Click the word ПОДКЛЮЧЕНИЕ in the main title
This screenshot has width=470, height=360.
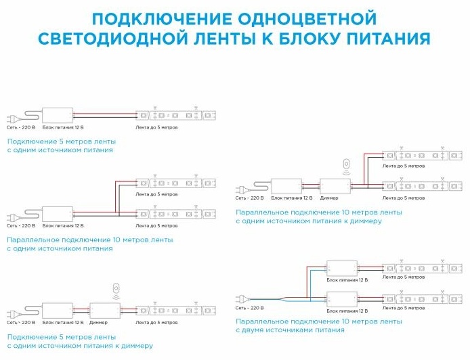coord(162,18)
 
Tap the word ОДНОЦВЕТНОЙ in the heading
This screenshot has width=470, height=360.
coord(307,18)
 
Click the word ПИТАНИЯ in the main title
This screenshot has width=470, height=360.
coord(389,39)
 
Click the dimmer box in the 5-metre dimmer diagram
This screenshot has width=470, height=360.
coord(105,311)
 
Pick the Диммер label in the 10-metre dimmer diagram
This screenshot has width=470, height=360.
coord(329,198)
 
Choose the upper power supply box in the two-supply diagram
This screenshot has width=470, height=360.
coord(342,269)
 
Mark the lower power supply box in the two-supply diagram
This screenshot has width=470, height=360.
coord(342,299)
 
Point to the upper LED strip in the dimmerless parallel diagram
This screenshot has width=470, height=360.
coord(176,183)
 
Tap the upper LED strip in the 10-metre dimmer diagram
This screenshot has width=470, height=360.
coord(423,156)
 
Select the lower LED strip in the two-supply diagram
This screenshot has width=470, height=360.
coord(423,299)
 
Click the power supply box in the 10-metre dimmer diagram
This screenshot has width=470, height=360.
coord(287,186)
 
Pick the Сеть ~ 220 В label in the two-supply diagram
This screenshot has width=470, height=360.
coord(249,308)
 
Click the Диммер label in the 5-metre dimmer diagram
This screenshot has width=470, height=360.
coord(98,323)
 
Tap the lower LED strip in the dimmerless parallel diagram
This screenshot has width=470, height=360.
coord(176,214)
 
